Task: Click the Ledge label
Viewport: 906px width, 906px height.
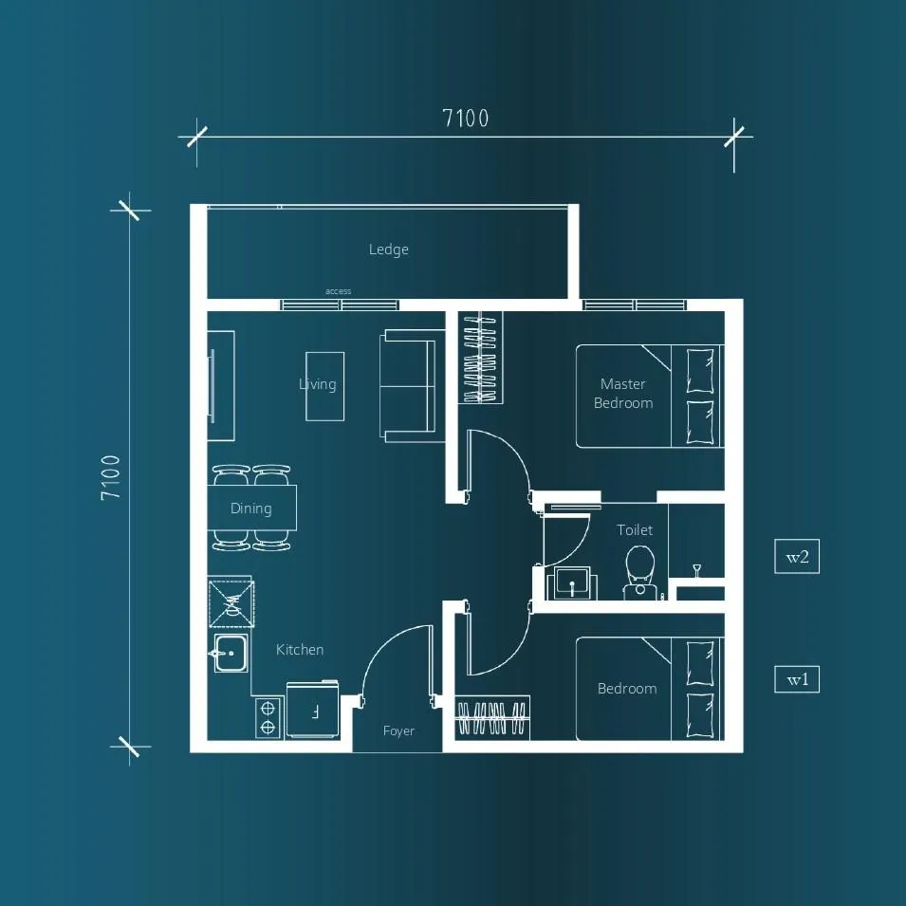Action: pyautogui.click(x=388, y=250)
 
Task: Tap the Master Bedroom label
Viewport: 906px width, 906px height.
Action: pyautogui.click(x=623, y=393)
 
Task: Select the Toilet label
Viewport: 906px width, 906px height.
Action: pyautogui.click(x=635, y=530)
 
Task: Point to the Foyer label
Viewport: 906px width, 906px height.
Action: pyautogui.click(x=398, y=730)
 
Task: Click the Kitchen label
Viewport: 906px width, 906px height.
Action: pyautogui.click(x=299, y=650)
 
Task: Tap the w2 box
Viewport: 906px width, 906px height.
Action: pyautogui.click(x=797, y=557)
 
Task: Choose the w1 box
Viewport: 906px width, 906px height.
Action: pyautogui.click(x=797, y=679)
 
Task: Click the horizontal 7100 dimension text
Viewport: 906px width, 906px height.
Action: pyautogui.click(x=465, y=118)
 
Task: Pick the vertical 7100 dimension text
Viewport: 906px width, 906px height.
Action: pyautogui.click(x=110, y=477)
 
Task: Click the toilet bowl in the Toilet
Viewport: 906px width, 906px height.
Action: pyautogui.click(x=640, y=571)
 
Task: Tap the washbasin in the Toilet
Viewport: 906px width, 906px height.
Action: pyautogui.click(x=571, y=583)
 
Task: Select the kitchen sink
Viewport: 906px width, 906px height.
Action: pyautogui.click(x=231, y=653)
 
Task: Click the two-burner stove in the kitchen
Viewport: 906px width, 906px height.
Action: pyautogui.click(x=268, y=717)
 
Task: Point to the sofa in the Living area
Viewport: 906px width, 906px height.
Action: pyautogui.click(x=407, y=386)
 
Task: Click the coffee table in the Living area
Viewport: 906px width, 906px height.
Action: pyautogui.click(x=324, y=386)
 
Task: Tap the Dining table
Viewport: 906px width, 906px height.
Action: pyautogui.click(x=252, y=508)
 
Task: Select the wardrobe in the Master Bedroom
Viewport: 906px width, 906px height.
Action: pyautogui.click(x=481, y=357)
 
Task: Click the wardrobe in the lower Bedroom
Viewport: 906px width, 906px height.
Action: pyautogui.click(x=493, y=718)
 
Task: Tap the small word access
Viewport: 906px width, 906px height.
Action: pyautogui.click(x=338, y=291)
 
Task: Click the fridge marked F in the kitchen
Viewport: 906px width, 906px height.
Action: pyautogui.click(x=312, y=711)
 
